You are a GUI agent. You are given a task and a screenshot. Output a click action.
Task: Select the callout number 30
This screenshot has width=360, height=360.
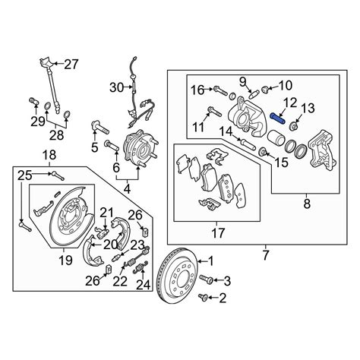click(x=115, y=87)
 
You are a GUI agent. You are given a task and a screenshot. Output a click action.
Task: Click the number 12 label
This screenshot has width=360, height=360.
click(x=290, y=102)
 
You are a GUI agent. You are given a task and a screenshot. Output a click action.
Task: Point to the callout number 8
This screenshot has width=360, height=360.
click(x=307, y=203)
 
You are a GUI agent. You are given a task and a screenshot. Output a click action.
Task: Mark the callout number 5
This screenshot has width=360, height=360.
click(x=95, y=147)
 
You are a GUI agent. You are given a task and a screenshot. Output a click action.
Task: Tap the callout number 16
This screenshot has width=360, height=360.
click(x=196, y=90)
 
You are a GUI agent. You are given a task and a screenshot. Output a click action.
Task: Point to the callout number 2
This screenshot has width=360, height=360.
click(x=223, y=310)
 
